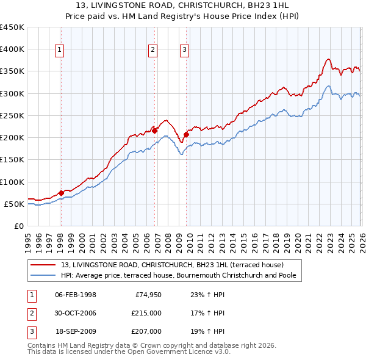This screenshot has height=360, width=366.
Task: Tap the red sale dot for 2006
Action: point(155,130)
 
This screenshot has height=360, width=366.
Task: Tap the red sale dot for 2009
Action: point(186,134)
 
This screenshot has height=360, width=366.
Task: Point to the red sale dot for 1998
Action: point(61,192)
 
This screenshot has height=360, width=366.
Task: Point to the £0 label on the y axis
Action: point(18,226)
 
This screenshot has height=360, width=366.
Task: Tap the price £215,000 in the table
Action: point(147,313)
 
